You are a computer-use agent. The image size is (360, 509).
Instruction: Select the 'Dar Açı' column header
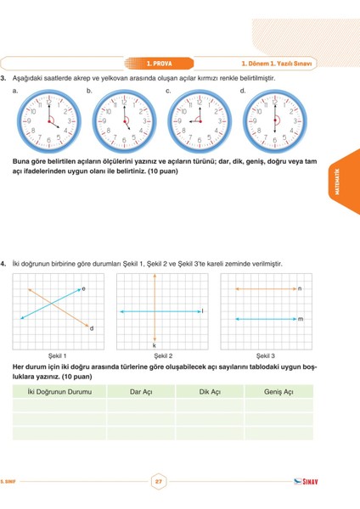click(141, 392)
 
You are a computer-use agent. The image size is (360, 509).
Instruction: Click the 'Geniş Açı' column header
click(278, 392)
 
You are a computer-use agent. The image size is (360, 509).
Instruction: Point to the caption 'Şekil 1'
click(58, 355)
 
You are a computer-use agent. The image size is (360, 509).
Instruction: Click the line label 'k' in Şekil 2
click(155, 345)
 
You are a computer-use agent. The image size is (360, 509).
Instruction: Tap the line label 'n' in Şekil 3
click(300, 288)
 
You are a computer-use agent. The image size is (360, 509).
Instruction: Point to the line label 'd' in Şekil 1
click(92, 328)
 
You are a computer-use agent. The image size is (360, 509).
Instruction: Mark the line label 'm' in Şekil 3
click(300, 319)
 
